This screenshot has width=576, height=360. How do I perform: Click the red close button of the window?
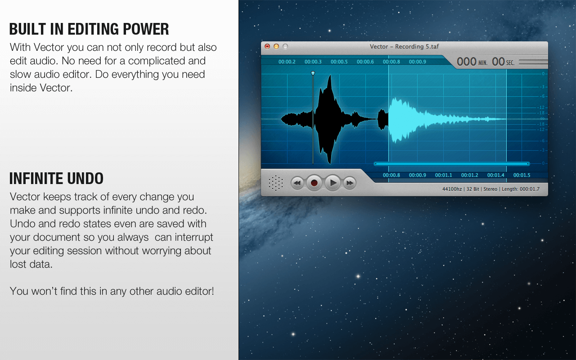click(267, 46)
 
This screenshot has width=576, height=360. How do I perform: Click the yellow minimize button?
click(276, 46)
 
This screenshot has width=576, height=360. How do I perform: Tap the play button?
click(333, 183)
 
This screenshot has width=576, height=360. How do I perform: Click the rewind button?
click(297, 183)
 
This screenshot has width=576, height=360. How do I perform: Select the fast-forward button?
click(350, 183)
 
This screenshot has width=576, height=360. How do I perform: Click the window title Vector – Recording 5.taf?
click(404, 46)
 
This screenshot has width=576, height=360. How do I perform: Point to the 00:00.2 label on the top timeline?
click(287, 62)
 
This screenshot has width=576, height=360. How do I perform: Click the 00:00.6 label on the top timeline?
click(365, 62)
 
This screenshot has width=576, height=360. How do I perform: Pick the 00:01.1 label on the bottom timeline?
click(443, 175)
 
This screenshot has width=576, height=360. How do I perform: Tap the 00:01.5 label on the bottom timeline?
click(522, 175)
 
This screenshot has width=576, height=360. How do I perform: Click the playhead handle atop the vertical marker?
click(313, 73)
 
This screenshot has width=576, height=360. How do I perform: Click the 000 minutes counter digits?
click(467, 62)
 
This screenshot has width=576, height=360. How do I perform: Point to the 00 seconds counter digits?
click(498, 62)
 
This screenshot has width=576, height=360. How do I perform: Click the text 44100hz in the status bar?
click(452, 189)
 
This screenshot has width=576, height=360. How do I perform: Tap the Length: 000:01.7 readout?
click(521, 189)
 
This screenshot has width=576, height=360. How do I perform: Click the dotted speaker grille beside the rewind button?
click(276, 183)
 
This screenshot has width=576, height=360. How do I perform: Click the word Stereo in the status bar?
click(490, 189)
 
